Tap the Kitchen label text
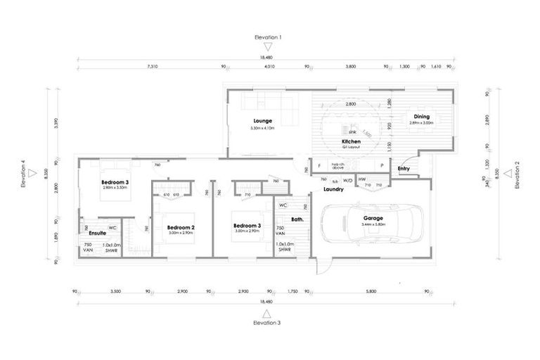click(x=351, y=142)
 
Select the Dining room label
click(x=421, y=117)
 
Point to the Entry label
click(x=404, y=169)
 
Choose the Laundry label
click(x=333, y=189)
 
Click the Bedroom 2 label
click(x=181, y=227)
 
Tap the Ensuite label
click(x=98, y=232)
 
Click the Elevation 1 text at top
click(x=268, y=37)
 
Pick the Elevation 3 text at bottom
click(x=268, y=322)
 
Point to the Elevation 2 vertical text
click(x=517, y=175)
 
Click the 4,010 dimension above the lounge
click(x=269, y=67)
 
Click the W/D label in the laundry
click(x=347, y=180)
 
